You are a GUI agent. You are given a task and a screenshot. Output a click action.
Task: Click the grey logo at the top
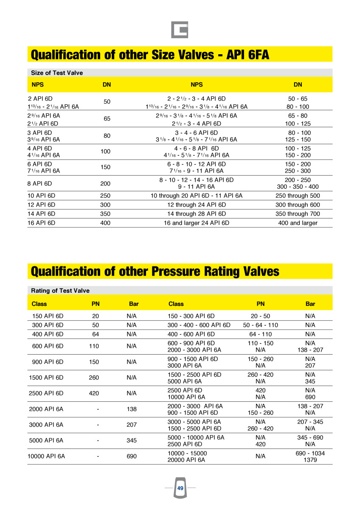(x=180, y=30)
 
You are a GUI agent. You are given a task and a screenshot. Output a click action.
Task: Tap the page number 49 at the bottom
(x=180, y=489)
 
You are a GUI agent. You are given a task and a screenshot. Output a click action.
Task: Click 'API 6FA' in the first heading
(x=248, y=55)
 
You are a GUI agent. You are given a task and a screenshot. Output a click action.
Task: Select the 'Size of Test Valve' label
(x=57, y=73)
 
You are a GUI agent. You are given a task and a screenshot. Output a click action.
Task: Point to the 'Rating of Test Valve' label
(x=60, y=291)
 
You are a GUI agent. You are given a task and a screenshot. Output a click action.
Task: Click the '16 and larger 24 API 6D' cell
(x=196, y=223)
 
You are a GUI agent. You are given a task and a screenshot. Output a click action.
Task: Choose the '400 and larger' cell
(x=298, y=223)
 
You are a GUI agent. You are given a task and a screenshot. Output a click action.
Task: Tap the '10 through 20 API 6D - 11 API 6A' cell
(x=196, y=196)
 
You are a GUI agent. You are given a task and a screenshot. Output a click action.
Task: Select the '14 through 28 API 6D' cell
(x=196, y=214)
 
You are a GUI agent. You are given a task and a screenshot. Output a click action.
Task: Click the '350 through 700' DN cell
(x=298, y=214)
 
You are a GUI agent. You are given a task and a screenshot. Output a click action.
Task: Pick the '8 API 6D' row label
(x=39, y=184)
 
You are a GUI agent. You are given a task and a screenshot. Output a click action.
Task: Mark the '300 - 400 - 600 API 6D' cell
(x=199, y=325)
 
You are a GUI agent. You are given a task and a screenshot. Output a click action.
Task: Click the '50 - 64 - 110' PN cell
(x=260, y=325)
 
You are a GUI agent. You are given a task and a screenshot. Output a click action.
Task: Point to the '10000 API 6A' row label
(x=46, y=456)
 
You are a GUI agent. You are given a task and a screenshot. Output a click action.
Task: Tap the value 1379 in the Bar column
(x=310, y=460)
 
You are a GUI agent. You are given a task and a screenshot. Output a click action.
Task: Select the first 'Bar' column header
(x=134, y=304)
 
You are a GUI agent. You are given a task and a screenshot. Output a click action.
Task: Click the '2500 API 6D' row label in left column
(x=46, y=393)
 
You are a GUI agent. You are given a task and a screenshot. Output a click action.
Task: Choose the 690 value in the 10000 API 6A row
(x=132, y=456)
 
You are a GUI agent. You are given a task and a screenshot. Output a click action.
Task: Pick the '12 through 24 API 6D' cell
(x=196, y=205)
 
